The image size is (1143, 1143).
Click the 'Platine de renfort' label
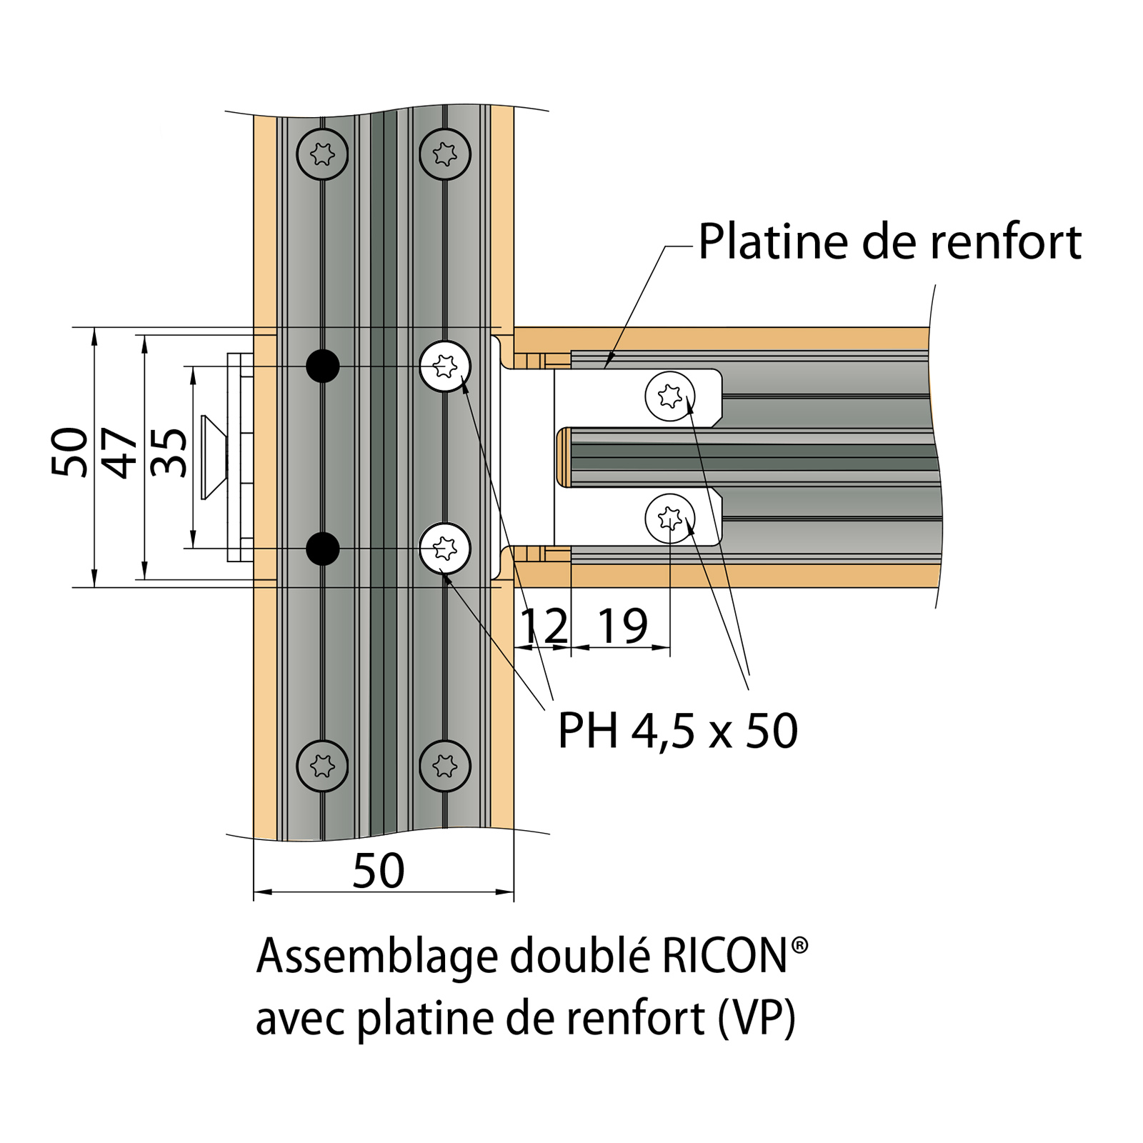pyautogui.click(x=889, y=242)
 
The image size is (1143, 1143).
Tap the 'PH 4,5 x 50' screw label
pyautogui.click(x=677, y=731)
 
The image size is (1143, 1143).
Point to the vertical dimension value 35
pyautogui.click(x=170, y=453)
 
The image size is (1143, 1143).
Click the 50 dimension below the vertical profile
pyautogui.click(x=379, y=871)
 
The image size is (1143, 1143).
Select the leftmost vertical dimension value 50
pyautogui.click(x=70, y=453)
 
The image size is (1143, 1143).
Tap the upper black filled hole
pyautogui.click(x=323, y=366)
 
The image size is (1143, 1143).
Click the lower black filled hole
pyautogui.click(x=323, y=549)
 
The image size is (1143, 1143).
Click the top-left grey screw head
pyautogui.click(x=323, y=154)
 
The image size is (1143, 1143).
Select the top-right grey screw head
pyautogui.click(x=445, y=154)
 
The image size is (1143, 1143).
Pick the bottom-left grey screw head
pyautogui.click(x=323, y=766)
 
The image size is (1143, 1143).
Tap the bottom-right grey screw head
pyautogui.click(x=445, y=766)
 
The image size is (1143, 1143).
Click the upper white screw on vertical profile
pyautogui.click(x=445, y=366)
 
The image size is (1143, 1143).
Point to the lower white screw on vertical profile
pyautogui.click(x=445, y=549)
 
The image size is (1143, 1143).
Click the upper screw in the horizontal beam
pyautogui.click(x=670, y=396)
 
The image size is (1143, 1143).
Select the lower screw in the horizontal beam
pyautogui.click(x=670, y=518)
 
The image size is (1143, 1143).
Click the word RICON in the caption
pyautogui.click(x=724, y=957)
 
